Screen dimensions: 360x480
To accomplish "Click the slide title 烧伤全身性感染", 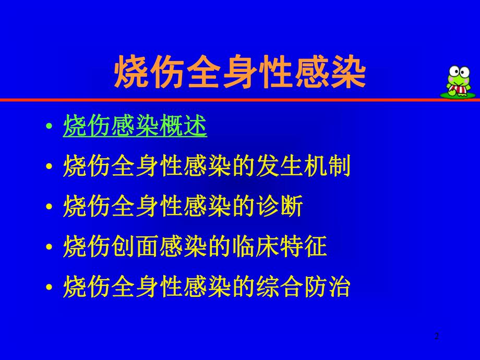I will [240, 71].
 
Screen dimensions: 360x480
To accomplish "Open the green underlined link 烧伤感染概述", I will [135, 127].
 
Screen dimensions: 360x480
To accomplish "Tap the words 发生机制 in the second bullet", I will [303, 167].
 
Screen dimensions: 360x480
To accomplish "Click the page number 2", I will [437, 337].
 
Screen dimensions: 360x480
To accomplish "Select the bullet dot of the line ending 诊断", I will [49, 208].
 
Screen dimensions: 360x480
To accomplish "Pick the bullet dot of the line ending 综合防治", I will [49, 288].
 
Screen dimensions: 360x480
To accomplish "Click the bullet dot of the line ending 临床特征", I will [49, 248].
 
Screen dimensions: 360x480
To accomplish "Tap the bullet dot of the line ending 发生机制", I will [49, 169].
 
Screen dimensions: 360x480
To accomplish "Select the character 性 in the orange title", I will [276, 71].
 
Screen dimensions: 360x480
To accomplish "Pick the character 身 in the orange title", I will [240, 71].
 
